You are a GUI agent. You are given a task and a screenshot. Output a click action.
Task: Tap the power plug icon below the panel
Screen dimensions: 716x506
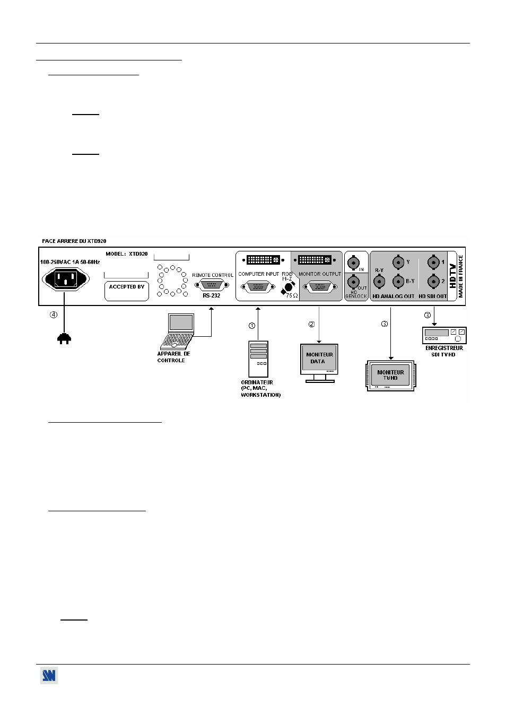[x=64, y=338]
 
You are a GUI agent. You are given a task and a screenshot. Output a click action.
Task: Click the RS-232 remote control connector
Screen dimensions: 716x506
[x=212, y=284]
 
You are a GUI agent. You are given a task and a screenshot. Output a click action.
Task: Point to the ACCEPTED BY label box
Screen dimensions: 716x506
[x=126, y=291]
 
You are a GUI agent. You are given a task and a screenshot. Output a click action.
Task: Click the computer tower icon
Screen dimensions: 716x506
[x=258, y=359]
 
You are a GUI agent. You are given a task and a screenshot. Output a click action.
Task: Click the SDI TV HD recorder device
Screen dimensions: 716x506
[x=444, y=335]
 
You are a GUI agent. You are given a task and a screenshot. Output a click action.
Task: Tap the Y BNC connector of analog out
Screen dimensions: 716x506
[x=398, y=262]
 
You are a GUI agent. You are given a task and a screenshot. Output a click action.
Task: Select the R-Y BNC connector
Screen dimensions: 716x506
[x=379, y=282]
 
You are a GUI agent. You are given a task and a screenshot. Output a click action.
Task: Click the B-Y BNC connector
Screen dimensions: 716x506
[x=398, y=282]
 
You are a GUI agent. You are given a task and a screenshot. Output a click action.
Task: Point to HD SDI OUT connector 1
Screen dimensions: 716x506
[x=433, y=262]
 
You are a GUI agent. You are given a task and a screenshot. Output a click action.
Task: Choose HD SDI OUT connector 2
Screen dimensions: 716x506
[x=433, y=282]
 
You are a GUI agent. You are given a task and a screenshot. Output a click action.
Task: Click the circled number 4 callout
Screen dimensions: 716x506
[x=54, y=315]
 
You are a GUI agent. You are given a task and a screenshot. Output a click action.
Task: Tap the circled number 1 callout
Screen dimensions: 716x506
[x=252, y=326]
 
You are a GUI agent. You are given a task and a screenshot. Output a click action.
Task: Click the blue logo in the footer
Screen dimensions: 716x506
[x=49, y=675]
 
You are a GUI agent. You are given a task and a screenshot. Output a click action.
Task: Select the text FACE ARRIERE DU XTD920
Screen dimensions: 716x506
[x=74, y=241]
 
